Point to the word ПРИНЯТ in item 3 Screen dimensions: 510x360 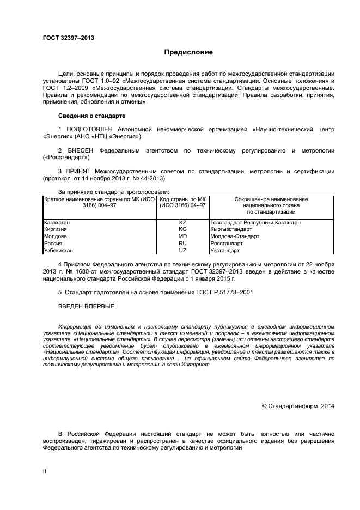(78, 171)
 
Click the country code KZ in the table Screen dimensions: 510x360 (182, 223)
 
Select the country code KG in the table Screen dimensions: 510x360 (182, 229)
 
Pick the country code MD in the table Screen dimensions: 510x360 (182, 236)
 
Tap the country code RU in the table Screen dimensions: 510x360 (182, 244)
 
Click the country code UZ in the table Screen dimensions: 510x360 (182, 251)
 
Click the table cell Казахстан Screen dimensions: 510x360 (57, 223)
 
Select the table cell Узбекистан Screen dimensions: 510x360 (58, 251)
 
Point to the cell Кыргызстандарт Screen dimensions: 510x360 (232, 229)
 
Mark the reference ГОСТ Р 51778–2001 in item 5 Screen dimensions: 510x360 (225, 293)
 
